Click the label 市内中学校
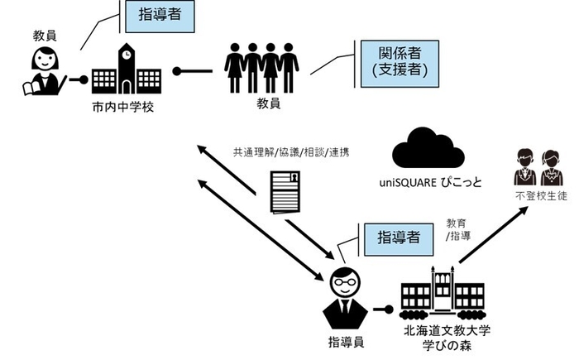(123, 108)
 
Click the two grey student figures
(534, 168)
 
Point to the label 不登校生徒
(536, 197)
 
